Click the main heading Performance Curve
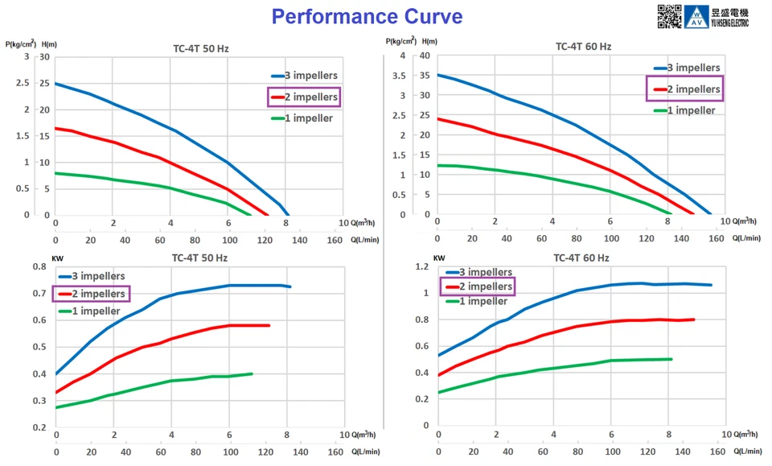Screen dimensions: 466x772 tap(366, 16)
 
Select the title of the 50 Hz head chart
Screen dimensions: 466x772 tap(201, 48)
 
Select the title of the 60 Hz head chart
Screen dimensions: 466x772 tap(583, 46)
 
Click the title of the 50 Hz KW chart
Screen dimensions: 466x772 tap(201, 258)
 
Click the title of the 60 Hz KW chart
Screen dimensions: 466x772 tap(582, 258)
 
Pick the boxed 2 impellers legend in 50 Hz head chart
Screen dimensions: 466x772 tap(304, 97)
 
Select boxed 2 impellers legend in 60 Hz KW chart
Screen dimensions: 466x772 tap(476, 286)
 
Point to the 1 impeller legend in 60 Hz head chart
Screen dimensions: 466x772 tap(686, 110)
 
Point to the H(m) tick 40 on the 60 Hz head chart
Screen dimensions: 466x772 tap(424, 56)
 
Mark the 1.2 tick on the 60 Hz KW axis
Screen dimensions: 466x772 tap(421, 267)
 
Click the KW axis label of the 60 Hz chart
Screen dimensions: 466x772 tap(439, 258)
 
